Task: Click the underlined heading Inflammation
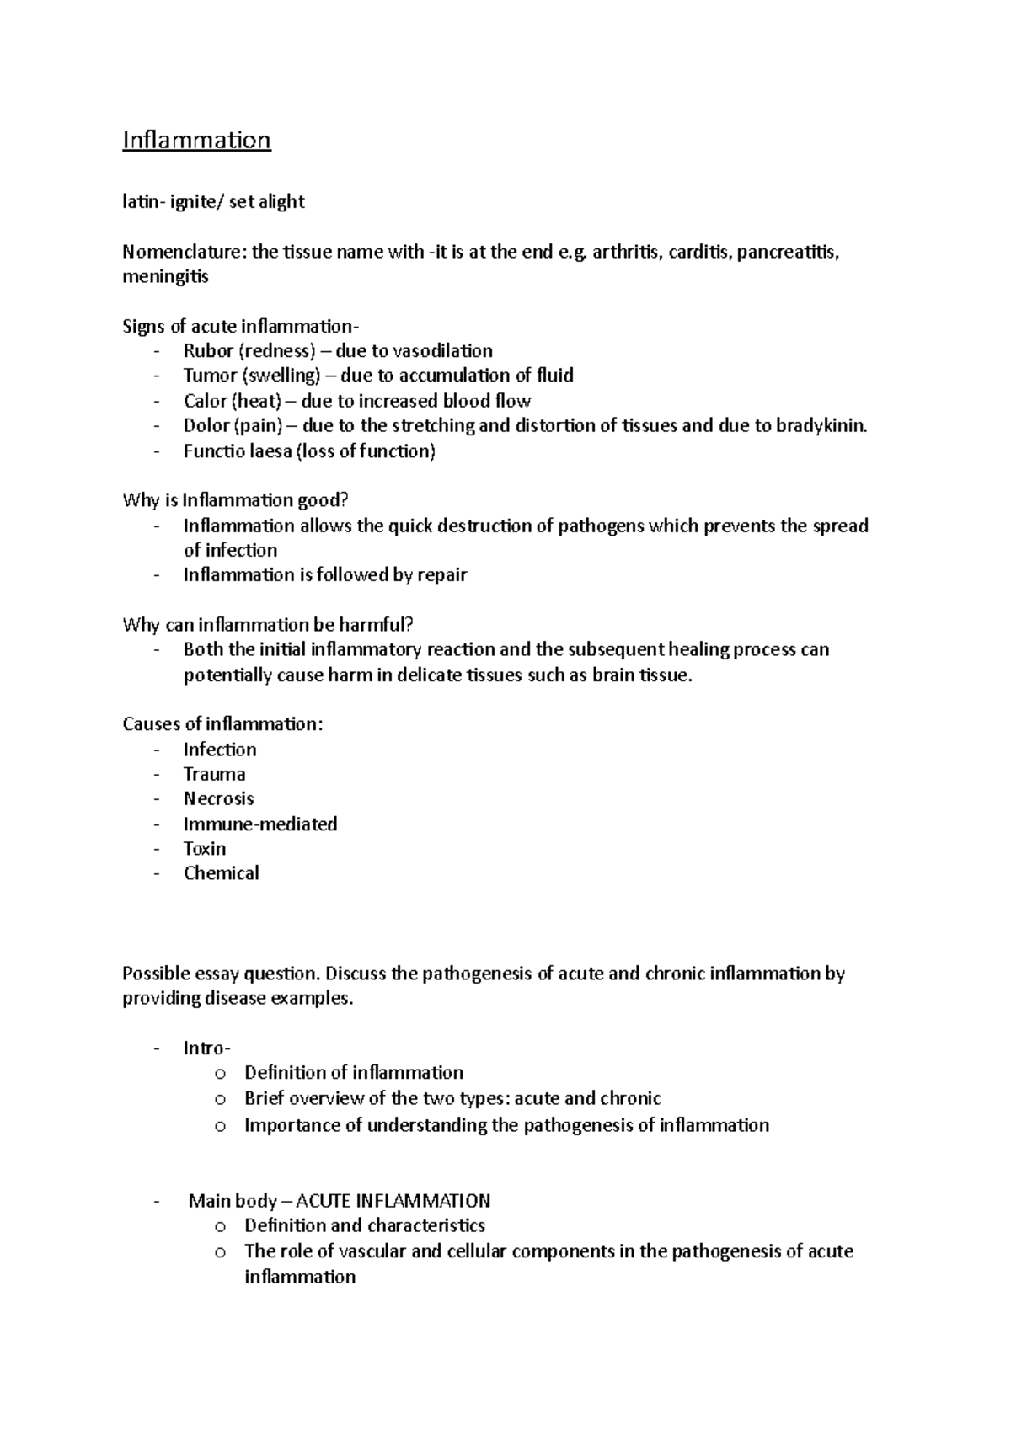pos(196,139)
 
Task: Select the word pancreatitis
pos(787,252)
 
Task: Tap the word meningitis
pos(165,276)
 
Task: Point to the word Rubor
pos(207,351)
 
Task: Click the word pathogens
pos(601,526)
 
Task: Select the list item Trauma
pos(214,774)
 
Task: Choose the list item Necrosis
pos(218,798)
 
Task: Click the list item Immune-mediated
pos(260,824)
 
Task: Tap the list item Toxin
pos(205,848)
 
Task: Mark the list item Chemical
pos(221,873)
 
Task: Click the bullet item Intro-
pos(206,1048)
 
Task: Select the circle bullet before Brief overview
pos(220,1099)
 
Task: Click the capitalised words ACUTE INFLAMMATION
pos(393,1201)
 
